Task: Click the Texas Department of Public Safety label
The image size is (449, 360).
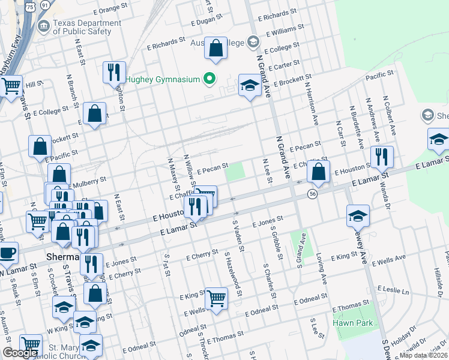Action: coord(82,27)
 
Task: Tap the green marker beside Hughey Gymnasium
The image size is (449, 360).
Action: coord(209,79)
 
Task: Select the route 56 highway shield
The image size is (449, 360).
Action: coord(312,193)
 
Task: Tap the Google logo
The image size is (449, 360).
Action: coord(20,353)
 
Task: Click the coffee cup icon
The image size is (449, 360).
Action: coord(7,253)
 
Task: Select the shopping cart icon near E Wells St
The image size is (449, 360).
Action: coord(216,296)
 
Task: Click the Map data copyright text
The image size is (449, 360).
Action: coord(424,355)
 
